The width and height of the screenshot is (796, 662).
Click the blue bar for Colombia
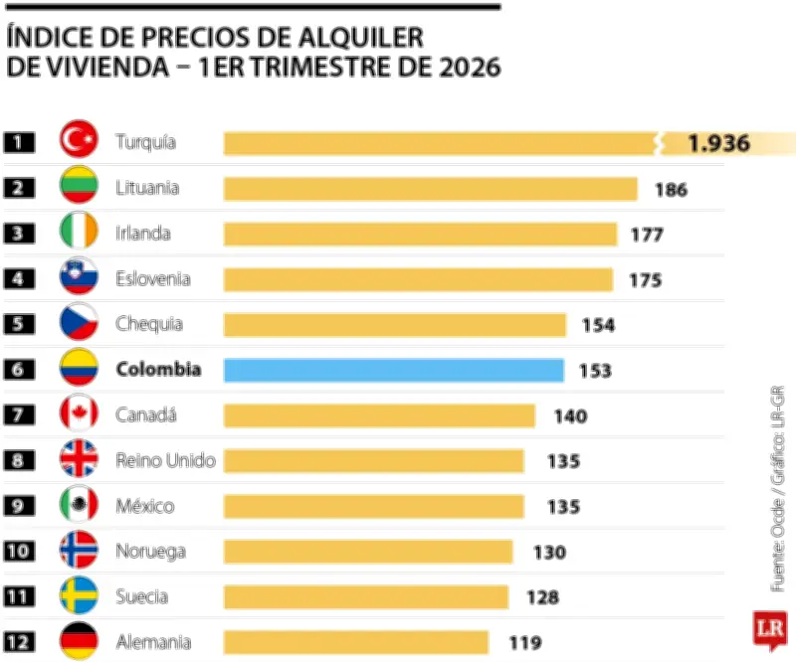tap(394, 370)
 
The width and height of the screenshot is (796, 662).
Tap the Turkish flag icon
tap(79, 142)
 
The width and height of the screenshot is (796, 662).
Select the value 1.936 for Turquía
tap(717, 143)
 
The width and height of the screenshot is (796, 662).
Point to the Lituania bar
tap(430, 189)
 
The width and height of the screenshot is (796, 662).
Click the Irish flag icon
tap(79, 234)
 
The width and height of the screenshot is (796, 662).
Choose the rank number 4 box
tap(19, 279)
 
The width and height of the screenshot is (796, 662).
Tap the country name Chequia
tap(148, 324)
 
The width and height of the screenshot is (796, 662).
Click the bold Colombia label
tap(158, 370)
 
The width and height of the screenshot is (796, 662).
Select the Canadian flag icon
tap(79, 415)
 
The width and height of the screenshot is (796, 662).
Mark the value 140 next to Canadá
tap(570, 416)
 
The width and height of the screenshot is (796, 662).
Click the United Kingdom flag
tap(79, 460)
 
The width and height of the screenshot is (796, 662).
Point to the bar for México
tap(373, 506)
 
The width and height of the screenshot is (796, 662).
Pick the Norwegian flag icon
tap(79, 551)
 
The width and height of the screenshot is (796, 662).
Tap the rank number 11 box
tap(19, 596)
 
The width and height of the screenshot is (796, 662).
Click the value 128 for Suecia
tap(542, 597)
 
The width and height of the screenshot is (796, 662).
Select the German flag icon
tap(79, 641)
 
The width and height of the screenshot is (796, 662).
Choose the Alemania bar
tap(355, 642)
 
